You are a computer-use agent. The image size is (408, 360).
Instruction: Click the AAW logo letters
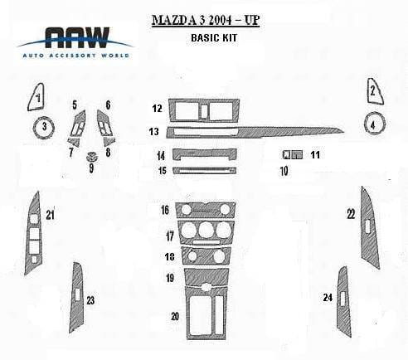77,37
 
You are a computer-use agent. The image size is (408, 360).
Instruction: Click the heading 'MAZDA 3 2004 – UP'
206,20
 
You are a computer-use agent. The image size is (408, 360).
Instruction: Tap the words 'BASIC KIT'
214,37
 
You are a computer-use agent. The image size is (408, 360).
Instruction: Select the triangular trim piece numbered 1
36,97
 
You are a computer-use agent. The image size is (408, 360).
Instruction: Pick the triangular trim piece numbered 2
375,91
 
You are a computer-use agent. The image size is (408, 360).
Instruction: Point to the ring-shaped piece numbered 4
366,124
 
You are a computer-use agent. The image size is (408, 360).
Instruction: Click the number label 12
157,108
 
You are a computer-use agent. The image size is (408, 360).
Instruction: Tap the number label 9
91,168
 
